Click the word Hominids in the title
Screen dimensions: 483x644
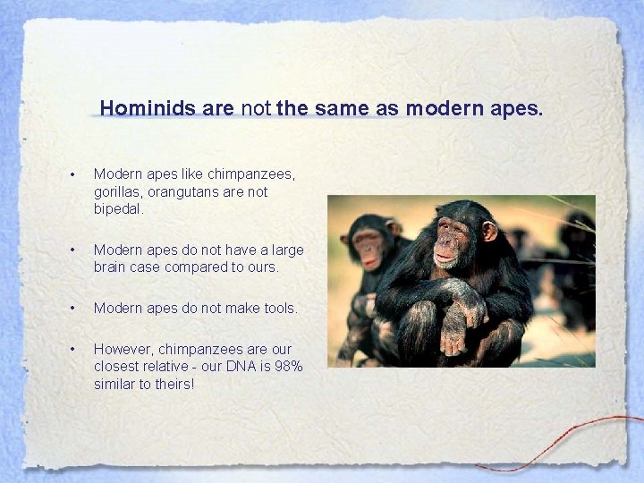click(148, 109)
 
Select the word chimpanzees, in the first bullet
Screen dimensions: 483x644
click(250, 174)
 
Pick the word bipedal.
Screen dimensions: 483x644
click(118, 209)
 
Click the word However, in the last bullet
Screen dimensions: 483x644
click(124, 348)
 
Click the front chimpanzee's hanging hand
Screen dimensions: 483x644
click(454, 340)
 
